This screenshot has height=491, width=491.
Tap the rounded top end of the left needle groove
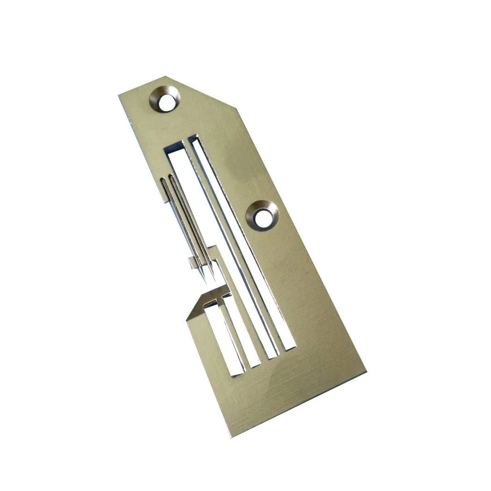[164, 180]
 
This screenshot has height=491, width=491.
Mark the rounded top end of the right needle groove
[172, 177]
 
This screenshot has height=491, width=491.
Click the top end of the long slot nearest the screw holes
[193, 139]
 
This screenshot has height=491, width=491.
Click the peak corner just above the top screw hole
[165, 77]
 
